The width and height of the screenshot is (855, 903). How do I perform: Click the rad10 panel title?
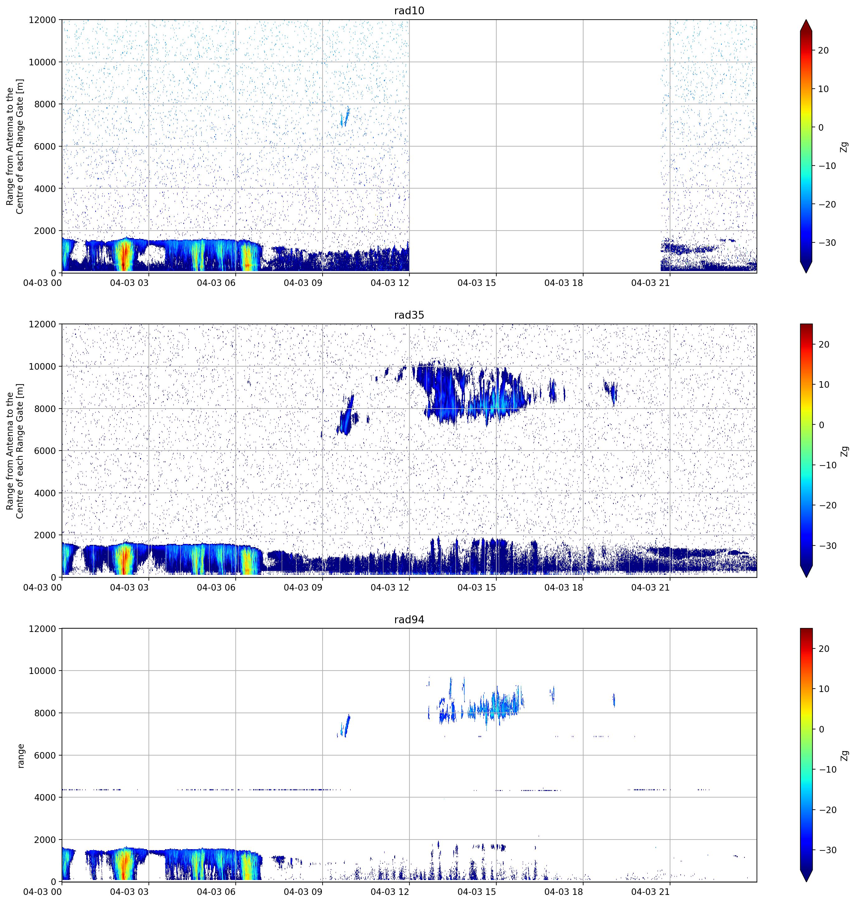coord(409,11)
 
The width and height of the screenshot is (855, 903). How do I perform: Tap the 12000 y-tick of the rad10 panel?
coord(42,20)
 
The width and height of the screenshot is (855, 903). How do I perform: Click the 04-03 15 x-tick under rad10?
coord(477,283)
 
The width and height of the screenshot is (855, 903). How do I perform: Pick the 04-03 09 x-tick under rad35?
coord(303,587)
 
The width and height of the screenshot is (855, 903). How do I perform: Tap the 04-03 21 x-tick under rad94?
coord(650,891)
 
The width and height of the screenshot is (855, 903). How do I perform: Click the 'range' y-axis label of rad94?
coord(21,756)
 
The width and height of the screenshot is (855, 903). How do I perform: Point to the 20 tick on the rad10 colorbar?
coord(823,50)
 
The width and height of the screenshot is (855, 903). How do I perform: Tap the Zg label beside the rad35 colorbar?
coord(844,451)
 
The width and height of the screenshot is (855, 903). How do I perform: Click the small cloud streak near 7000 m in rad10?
coord(345,117)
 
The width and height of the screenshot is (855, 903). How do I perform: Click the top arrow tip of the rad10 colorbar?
coord(806,20)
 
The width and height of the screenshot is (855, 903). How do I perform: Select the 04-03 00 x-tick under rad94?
coord(42,891)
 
